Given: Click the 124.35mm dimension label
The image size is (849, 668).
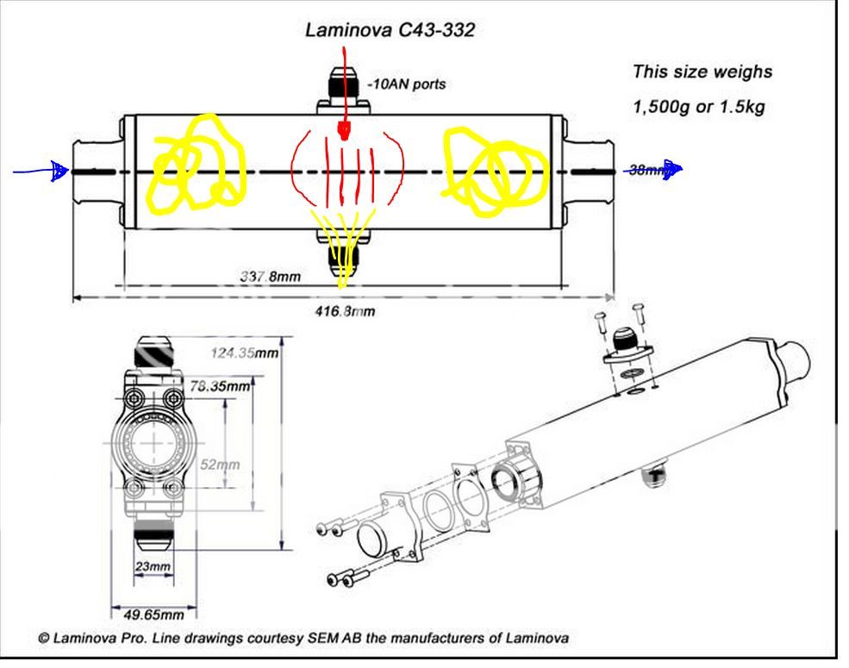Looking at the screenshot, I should point(246,353).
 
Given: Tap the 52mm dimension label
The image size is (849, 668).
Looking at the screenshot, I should point(219,465).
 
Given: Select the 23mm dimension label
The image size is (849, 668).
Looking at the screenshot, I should point(153,566).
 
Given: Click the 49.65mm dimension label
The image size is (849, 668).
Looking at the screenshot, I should point(154,615).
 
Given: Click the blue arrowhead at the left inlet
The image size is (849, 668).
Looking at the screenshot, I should point(59,172).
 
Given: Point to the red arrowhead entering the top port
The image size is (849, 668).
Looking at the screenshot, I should point(344,132).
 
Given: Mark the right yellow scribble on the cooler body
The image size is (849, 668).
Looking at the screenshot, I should point(492,170).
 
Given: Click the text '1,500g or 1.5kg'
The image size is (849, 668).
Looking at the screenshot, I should point(698,109).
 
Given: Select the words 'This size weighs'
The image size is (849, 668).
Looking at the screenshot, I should point(702,72).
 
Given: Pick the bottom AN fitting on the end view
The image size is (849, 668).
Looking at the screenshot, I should point(156,536).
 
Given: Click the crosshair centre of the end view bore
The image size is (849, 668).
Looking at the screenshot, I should point(155,441).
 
